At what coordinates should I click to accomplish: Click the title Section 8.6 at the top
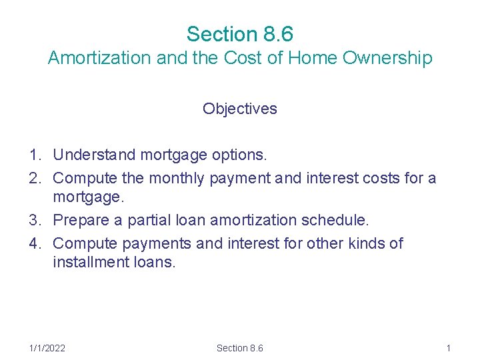click(x=240, y=33)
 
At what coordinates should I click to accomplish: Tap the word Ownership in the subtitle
click(x=387, y=59)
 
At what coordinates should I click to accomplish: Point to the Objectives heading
click(x=240, y=109)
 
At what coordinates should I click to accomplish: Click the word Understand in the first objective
click(x=93, y=155)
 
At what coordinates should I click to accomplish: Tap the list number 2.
click(x=35, y=179)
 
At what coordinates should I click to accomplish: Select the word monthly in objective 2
click(x=177, y=179)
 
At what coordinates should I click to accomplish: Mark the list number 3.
click(x=35, y=220)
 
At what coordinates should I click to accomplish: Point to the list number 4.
click(x=35, y=243)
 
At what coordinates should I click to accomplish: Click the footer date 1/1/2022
click(x=47, y=348)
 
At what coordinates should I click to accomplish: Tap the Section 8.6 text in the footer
click(x=240, y=348)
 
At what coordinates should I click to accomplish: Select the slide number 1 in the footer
click(x=449, y=348)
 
